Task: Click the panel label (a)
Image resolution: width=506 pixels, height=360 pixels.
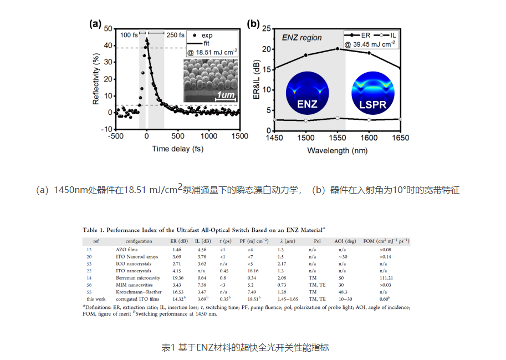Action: click(95, 24)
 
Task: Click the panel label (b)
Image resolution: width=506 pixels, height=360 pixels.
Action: click(254, 24)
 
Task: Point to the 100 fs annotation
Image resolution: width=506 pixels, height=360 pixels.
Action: click(129, 34)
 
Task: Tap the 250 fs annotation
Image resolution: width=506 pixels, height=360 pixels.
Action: click(176, 34)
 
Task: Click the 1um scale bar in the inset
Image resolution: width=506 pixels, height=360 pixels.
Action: click(226, 95)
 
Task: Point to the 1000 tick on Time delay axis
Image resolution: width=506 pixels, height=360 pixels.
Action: click(209, 136)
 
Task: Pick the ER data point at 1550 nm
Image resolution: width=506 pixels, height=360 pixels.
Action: click(337, 49)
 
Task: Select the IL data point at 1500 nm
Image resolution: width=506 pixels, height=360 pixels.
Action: click(305, 120)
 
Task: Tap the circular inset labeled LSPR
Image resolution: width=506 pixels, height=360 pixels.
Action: click(372, 92)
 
